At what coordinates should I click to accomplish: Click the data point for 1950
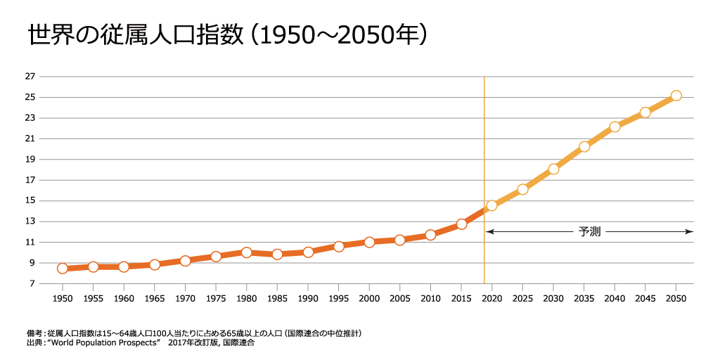coord(63,268)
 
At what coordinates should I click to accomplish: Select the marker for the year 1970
coord(185,261)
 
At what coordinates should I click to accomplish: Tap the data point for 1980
coord(246,252)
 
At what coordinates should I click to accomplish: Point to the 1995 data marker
coord(338,246)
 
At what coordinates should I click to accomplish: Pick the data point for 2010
coord(430,235)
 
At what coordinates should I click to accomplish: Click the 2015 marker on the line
coord(461,224)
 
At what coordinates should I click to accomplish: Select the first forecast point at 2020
coord(491,205)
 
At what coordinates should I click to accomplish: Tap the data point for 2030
coord(553,169)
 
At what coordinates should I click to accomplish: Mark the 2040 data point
coord(615,127)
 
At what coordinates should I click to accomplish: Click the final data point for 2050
coord(676,96)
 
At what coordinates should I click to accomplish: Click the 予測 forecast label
coord(589,231)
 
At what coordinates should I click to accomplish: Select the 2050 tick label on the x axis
coord(676,298)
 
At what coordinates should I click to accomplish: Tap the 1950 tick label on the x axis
coord(63,298)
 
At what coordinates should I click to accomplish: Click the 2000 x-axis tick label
coord(369,298)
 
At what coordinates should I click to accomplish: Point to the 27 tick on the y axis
coord(30,77)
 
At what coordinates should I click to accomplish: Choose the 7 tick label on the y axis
coord(30,283)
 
